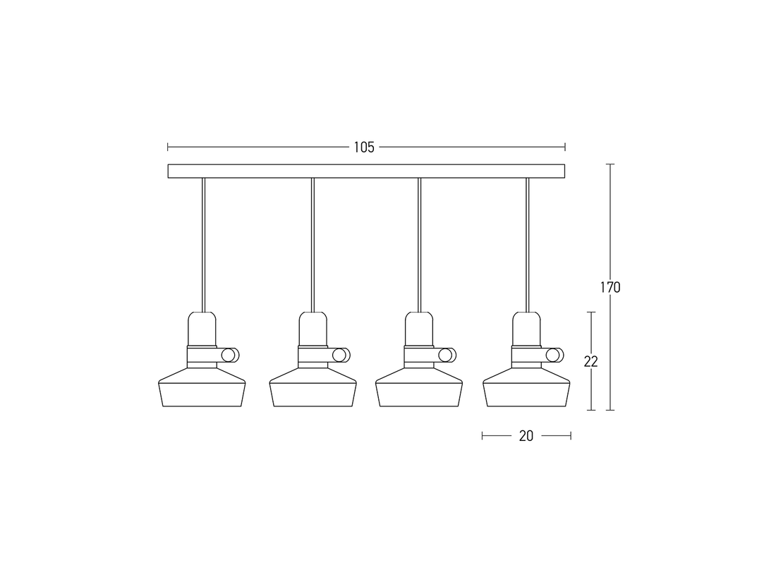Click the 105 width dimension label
click(x=364, y=147)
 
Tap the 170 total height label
click(x=610, y=288)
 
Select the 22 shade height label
click(x=591, y=362)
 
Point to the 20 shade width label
click(x=526, y=436)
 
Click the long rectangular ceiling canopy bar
click(x=366, y=171)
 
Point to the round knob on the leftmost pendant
click(x=230, y=356)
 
